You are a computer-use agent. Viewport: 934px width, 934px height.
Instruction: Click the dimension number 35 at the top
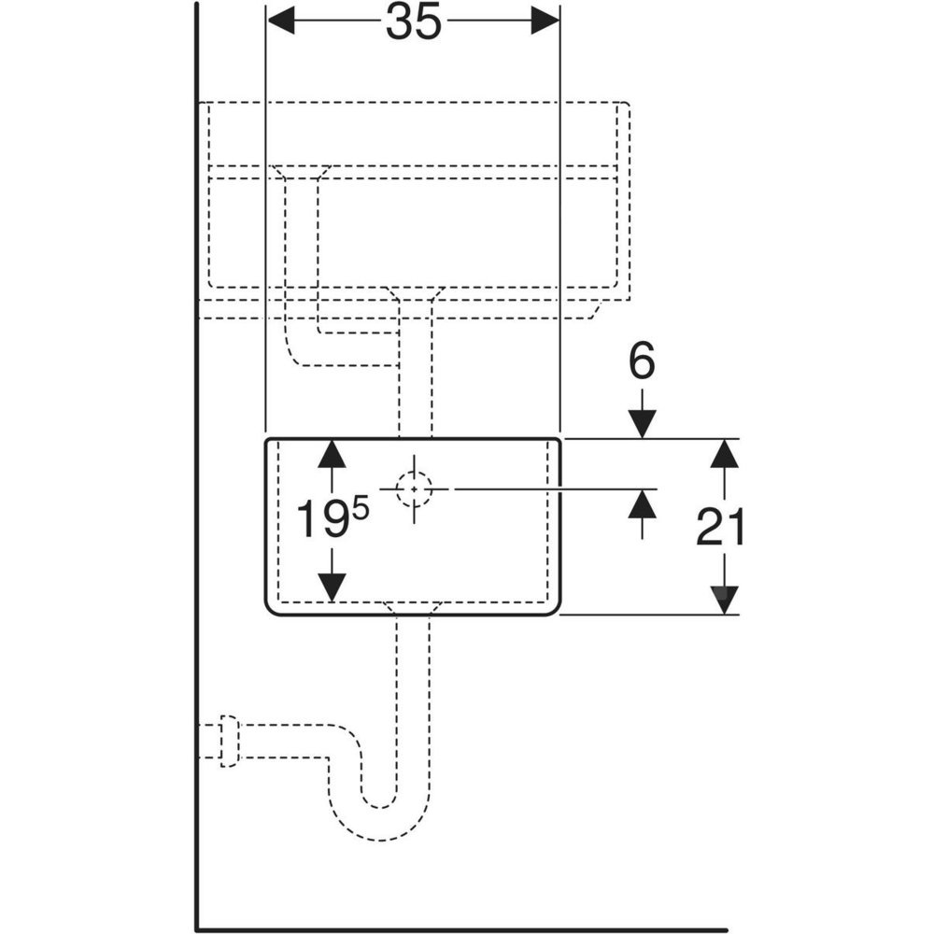point(413,22)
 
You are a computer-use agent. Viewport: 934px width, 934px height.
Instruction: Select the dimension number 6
point(641,362)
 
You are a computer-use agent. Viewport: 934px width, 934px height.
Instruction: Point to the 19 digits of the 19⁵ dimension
point(318,519)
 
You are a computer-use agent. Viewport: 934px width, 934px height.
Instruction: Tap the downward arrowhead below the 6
point(641,423)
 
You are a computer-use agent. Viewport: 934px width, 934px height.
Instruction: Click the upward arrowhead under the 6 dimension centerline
point(641,504)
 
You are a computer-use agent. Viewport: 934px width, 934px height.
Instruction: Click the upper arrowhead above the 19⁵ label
point(331,454)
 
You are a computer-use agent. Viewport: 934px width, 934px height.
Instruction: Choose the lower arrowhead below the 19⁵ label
point(331,587)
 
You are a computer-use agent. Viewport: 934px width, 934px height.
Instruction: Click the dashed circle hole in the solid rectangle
point(414,488)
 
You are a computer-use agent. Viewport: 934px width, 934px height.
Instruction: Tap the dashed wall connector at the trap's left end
point(228,742)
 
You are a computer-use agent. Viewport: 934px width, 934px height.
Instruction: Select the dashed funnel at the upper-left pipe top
point(301,175)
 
